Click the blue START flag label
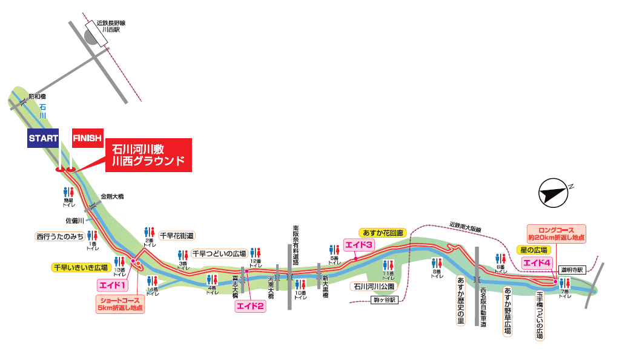pos(43,138)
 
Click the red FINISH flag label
pos(87,138)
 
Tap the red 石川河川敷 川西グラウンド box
pos(148,155)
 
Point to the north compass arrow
pos(555,192)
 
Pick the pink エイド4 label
pos(538,263)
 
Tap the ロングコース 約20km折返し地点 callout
pos(556,233)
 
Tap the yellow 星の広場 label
pos(534,250)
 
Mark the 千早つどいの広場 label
pos(219,253)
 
